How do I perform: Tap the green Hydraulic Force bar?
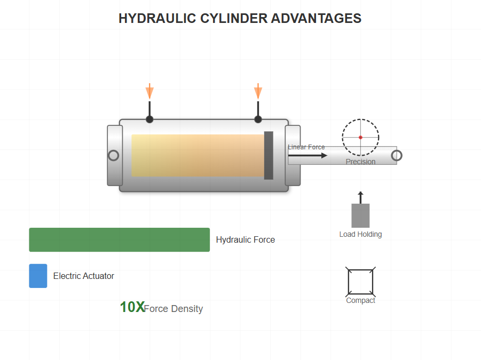pyautogui.click(x=119, y=239)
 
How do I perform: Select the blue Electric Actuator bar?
pyautogui.click(x=38, y=276)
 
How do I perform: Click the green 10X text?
pyautogui.click(x=132, y=307)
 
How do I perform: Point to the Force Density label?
pyautogui.click(x=174, y=309)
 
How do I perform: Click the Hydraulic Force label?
pyautogui.click(x=245, y=240)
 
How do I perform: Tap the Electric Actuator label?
pyautogui.click(x=83, y=276)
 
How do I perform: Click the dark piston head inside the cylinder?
pyautogui.click(x=269, y=155)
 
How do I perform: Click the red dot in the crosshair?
pyautogui.click(x=360, y=138)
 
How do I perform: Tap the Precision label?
pyautogui.click(x=360, y=162)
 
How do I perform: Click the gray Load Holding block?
pyautogui.click(x=360, y=215)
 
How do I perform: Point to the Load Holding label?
pyautogui.click(x=360, y=234)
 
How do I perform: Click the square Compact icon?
pyautogui.click(x=360, y=282)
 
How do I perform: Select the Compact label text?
pyautogui.click(x=360, y=300)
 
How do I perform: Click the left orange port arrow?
pyautogui.click(x=149, y=91)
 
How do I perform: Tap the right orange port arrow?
pyautogui.click(x=258, y=91)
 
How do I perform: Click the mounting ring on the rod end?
pyautogui.click(x=397, y=155)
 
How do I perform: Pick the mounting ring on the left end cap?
pyautogui.click(x=113, y=155)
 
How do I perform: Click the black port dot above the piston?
pyautogui.click(x=258, y=119)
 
